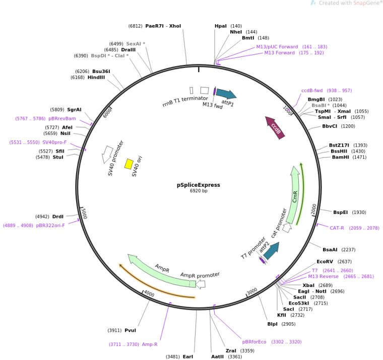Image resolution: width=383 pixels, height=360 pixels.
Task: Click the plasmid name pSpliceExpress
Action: click(x=198, y=185)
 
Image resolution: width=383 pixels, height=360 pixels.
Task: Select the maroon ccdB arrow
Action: click(x=275, y=126)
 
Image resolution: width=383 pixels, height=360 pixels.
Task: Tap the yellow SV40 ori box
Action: click(x=129, y=164)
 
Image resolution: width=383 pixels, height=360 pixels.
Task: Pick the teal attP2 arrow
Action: click(x=271, y=250)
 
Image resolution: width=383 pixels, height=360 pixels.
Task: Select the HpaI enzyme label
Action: click(x=221, y=26)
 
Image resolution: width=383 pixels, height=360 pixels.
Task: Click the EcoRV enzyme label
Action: click(x=325, y=262)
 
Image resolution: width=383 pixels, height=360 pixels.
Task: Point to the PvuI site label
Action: click(x=131, y=330)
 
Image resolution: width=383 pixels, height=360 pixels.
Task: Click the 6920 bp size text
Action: click(x=198, y=191)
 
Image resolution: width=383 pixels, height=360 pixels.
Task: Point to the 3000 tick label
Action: click(x=252, y=291)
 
